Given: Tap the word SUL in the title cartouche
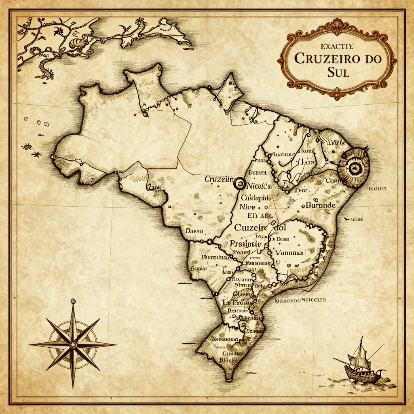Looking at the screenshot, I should tap(339, 74).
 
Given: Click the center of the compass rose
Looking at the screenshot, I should tap(73, 345).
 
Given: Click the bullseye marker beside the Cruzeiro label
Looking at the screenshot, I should tap(239, 184).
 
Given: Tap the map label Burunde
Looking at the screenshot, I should tap(321, 205).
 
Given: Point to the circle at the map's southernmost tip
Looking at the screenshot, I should tap(229, 379).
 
